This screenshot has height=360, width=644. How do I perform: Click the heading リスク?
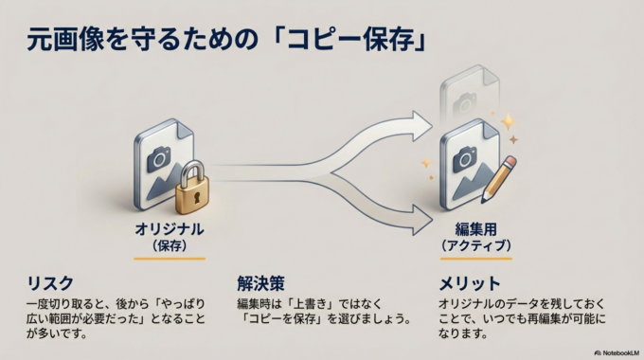tap(48, 283)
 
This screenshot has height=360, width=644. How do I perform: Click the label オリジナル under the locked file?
tap(169, 229)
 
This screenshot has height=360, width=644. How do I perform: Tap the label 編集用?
tap(476, 229)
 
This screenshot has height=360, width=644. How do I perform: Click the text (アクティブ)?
tap(476, 244)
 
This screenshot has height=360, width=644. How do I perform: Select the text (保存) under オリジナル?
tap(169, 244)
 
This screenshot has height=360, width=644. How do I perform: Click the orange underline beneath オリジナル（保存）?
tap(169, 258)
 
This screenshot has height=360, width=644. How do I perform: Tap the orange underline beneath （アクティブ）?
tap(476, 258)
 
